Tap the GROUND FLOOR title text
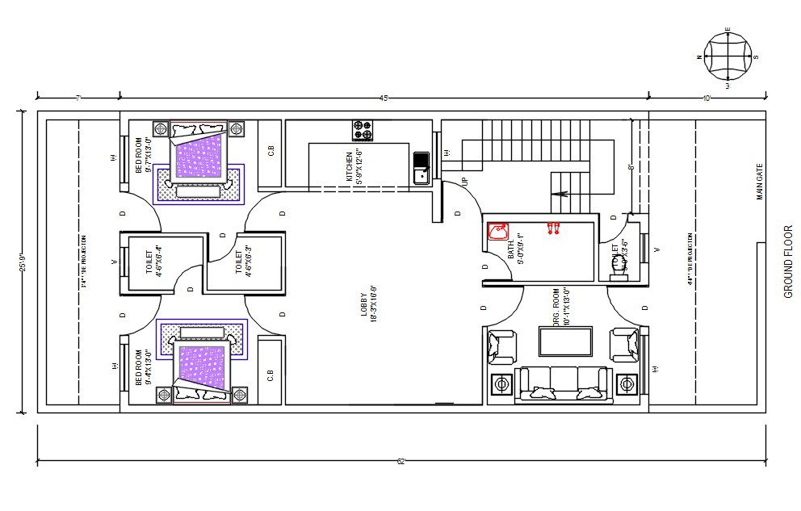click(x=789, y=262)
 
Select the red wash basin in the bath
click(x=497, y=231)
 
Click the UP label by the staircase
click(x=465, y=182)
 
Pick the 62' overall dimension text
click(x=400, y=462)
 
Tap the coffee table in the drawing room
click(x=565, y=341)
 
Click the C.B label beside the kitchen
click(x=270, y=150)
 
